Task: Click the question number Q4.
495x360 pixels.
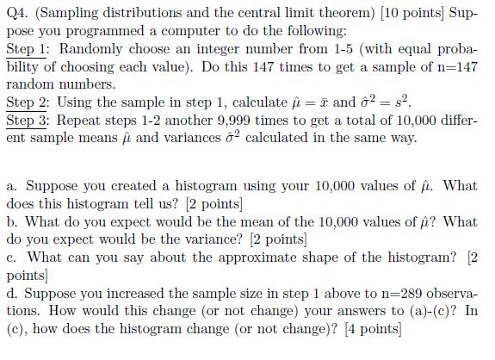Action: pos(18,13)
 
